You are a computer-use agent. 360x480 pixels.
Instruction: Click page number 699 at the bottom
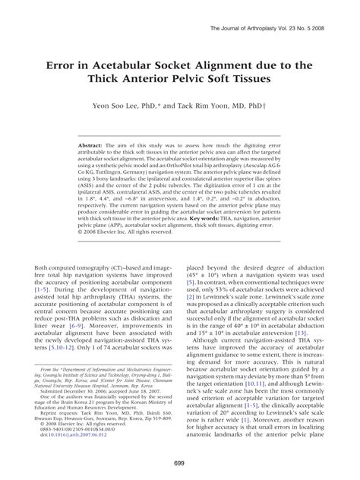(180, 464)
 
